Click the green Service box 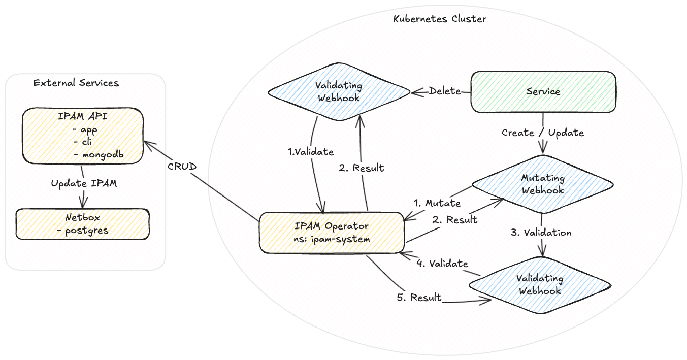pos(543,92)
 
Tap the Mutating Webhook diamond pos(542,184)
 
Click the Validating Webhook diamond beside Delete pos(339,91)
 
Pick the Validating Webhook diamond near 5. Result pos(539,284)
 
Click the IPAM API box pos(82,136)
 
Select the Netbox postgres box pos(82,223)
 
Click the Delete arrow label pos(445,91)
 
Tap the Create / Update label pos(543,133)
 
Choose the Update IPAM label pos(84,184)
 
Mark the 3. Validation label pos(541,233)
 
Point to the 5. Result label pos(419,297)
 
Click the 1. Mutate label pos(437,203)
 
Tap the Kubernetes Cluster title pos(440,19)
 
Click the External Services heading pos(76,83)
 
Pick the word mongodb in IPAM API pos(103,154)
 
